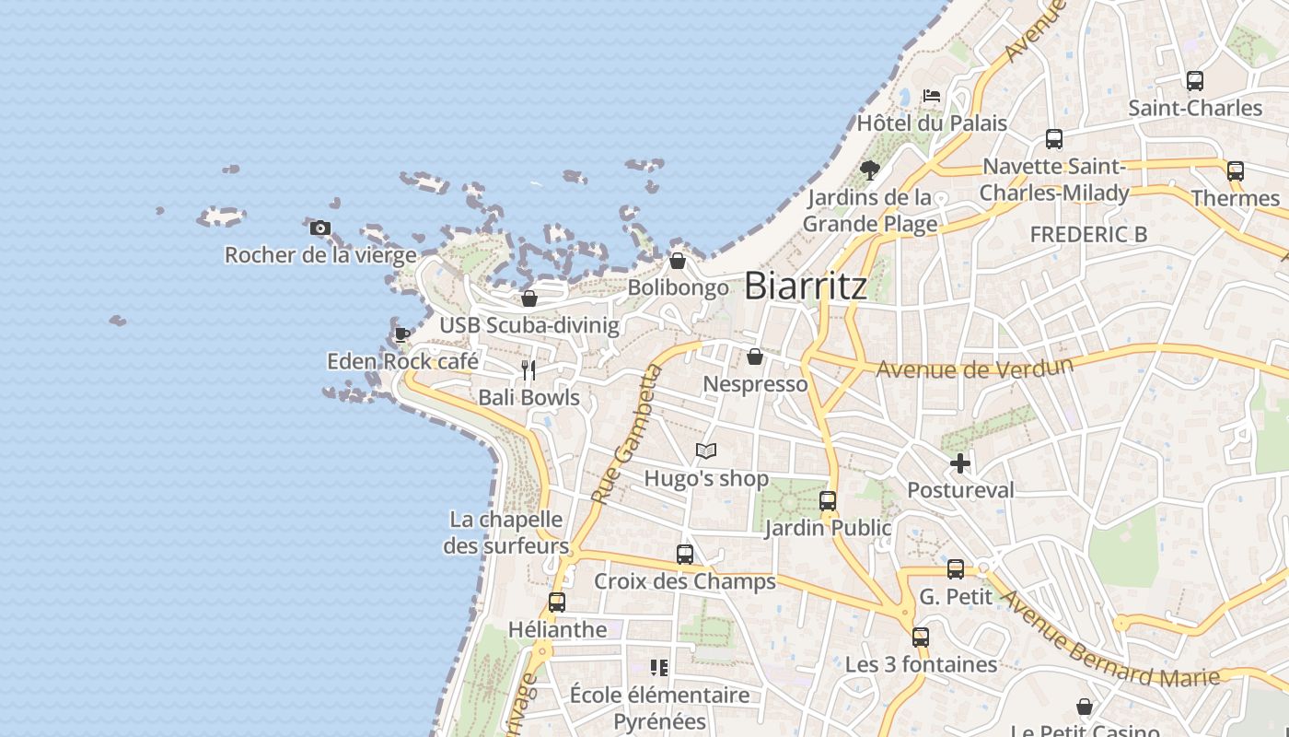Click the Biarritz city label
(805, 286)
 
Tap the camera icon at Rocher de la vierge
(320, 228)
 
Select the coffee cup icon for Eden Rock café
(401, 334)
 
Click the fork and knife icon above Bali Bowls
(528, 370)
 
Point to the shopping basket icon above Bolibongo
(678, 261)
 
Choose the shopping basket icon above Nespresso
(755, 357)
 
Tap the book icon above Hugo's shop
(706, 450)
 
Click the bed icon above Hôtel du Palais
(932, 95)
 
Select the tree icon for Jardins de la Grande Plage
(869, 170)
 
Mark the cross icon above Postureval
(960, 462)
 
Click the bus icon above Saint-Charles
(1195, 81)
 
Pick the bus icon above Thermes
(1236, 171)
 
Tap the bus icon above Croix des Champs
(685, 555)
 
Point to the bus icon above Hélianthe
(557, 602)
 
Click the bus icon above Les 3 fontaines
(921, 638)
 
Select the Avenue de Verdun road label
(974, 368)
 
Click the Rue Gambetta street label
(627, 435)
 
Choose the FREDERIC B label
(1088, 235)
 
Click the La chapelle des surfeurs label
(505, 532)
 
